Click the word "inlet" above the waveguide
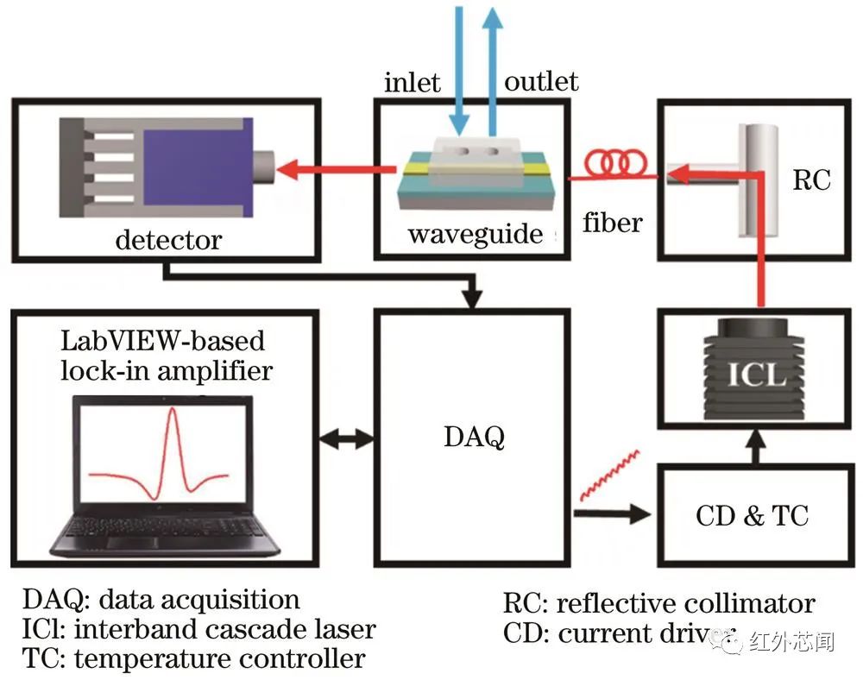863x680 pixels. pos(413,83)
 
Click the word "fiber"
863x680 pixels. pos(613,223)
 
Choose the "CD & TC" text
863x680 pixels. pos(752,515)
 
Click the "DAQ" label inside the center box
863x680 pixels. pos(474,438)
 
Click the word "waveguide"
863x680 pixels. pos(476,234)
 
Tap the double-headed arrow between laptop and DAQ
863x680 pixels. pos(345,438)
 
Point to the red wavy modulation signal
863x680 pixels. pos(609,474)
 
